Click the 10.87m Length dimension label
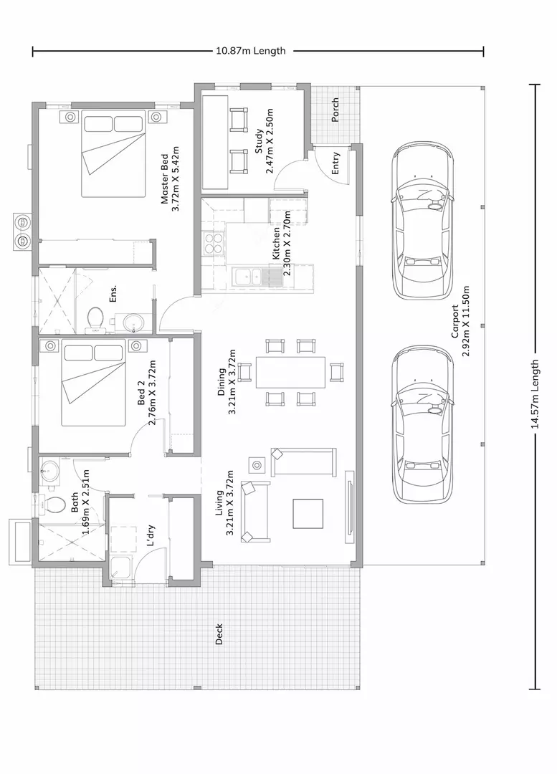click(x=251, y=51)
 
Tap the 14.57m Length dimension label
click(x=535, y=394)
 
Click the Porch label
click(x=335, y=110)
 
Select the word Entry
click(x=335, y=163)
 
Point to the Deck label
click(x=219, y=634)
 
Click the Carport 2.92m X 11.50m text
click(x=460, y=321)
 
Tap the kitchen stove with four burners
click(x=214, y=243)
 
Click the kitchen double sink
click(x=248, y=277)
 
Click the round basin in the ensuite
click(x=133, y=323)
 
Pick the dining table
click(x=290, y=372)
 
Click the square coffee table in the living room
click(x=308, y=513)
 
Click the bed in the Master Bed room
click(x=113, y=154)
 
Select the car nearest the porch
click(x=422, y=220)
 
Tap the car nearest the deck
click(x=422, y=424)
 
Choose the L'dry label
click(x=151, y=535)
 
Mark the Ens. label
click(x=113, y=293)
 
